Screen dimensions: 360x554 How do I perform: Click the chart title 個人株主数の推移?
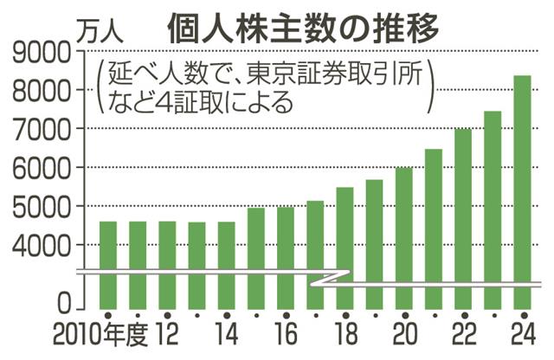(x=303, y=26)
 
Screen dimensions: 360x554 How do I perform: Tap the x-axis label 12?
(x=166, y=337)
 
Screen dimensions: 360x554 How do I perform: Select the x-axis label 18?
(x=345, y=337)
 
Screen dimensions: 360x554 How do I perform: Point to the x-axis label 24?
(x=522, y=337)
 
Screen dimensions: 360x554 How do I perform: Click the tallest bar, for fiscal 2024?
(x=522, y=190)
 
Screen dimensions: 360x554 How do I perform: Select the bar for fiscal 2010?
(x=107, y=264)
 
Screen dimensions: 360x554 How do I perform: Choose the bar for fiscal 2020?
(x=403, y=238)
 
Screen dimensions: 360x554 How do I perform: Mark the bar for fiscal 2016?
(x=285, y=257)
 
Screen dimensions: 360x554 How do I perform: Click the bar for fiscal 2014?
(x=225, y=264)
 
